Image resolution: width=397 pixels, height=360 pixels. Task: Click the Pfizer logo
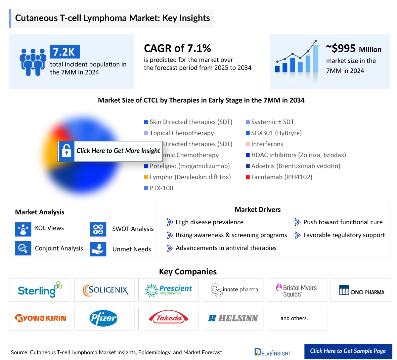pyautogui.click(x=104, y=318)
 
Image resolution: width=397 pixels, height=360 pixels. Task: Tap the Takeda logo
pyautogui.click(x=168, y=318)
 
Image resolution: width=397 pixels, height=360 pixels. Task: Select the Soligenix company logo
pyautogui.click(x=105, y=290)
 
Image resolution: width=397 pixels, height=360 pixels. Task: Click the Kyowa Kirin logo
pyautogui.click(x=40, y=318)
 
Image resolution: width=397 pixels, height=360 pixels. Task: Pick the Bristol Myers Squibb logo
pyautogui.click(x=296, y=290)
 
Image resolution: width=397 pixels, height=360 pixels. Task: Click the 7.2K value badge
pyautogui.click(x=65, y=52)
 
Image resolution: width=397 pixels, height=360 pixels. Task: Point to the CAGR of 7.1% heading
pyautogui.click(x=177, y=48)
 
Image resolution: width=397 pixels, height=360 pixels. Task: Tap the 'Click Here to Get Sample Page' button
pyautogui.click(x=348, y=351)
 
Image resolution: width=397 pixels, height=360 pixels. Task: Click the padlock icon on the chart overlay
pyautogui.click(x=66, y=151)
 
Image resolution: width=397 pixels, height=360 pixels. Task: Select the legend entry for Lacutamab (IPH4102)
pyautogui.click(x=281, y=177)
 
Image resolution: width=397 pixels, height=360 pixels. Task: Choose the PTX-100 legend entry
pyautogui.click(x=161, y=188)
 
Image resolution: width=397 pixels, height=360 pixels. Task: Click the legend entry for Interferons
pyautogui.click(x=267, y=144)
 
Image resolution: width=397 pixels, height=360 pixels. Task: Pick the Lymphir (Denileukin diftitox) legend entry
pyautogui.click(x=190, y=177)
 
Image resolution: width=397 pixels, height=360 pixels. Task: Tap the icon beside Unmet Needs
pyautogui.click(x=98, y=249)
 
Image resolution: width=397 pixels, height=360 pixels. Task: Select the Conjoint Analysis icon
pyautogui.click(x=23, y=248)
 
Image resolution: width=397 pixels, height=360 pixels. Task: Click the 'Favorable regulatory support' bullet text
pyautogui.click(x=344, y=235)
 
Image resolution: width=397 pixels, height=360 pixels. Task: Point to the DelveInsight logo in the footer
pyautogui.click(x=273, y=352)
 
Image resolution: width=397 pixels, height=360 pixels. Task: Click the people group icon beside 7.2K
pyautogui.click(x=33, y=62)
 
